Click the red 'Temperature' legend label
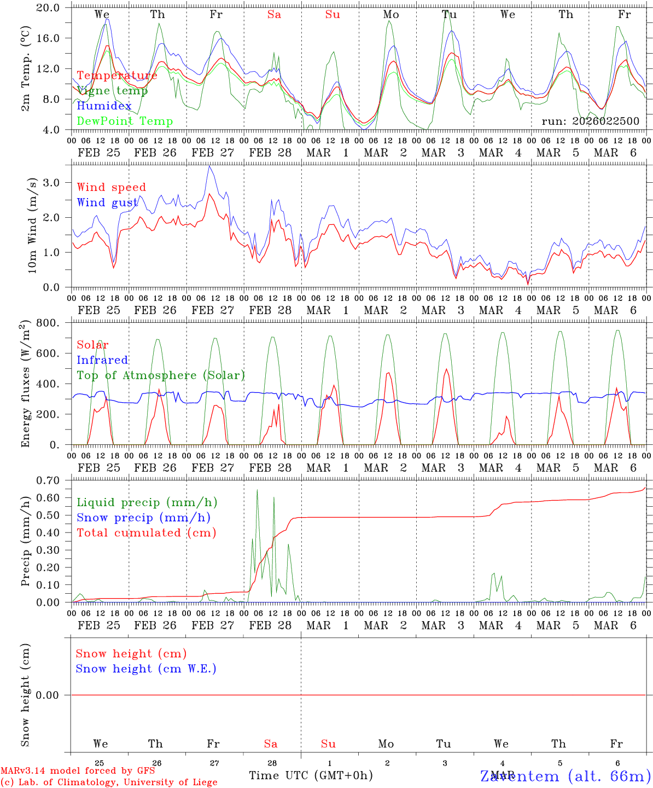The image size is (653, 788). pyautogui.click(x=117, y=76)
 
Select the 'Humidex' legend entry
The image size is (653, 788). pyautogui.click(x=104, y=106)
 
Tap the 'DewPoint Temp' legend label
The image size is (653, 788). pyautogui.click(x=125, y=121)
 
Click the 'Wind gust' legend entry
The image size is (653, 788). pyautogui.click(x=107, y=202)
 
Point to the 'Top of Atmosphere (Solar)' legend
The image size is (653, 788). pyautogui.click(x=161, y=375)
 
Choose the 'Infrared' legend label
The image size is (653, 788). pyautogui.click(x=102, y=360)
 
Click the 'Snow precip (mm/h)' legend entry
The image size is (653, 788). pyautogui.click(x=143, y=518)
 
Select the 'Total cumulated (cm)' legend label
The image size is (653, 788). pyautogui.click(x=146, y=533)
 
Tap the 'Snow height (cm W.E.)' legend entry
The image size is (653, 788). pyautogui.click(x=146, y=669)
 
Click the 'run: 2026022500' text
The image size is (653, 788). pyautogui.click(x=590, y=121)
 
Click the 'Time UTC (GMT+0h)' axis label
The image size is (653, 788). pyautogui.click(x=311, y=775)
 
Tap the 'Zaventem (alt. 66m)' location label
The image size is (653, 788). pyautogui.click(x=565, y=776)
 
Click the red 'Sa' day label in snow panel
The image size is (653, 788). pyautogui.click(x=271, y=744)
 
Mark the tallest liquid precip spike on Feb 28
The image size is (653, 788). pyautogui.click(x=257, y=490)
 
